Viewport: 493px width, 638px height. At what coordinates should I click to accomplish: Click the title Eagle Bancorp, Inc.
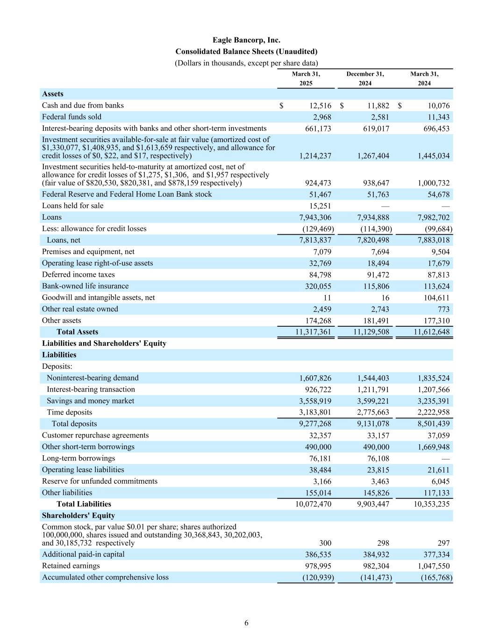pos(246,40)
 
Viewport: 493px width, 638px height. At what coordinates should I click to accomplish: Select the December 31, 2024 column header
pos(365,79)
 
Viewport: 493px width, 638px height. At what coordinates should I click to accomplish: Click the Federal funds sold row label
pos(71,117)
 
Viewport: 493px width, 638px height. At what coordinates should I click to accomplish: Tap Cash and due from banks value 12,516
pos(317,106)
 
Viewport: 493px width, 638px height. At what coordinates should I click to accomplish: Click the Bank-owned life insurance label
pos(85,286)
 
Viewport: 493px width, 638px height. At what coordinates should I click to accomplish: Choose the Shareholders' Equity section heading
pos(79,516)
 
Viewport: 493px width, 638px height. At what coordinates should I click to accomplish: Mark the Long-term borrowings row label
pos(79,458)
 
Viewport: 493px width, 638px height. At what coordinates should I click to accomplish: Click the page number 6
pos(246,623)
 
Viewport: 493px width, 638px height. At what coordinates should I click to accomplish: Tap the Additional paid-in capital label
pos(83,554)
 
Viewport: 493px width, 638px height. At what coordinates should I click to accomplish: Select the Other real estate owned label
pos(80,309)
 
